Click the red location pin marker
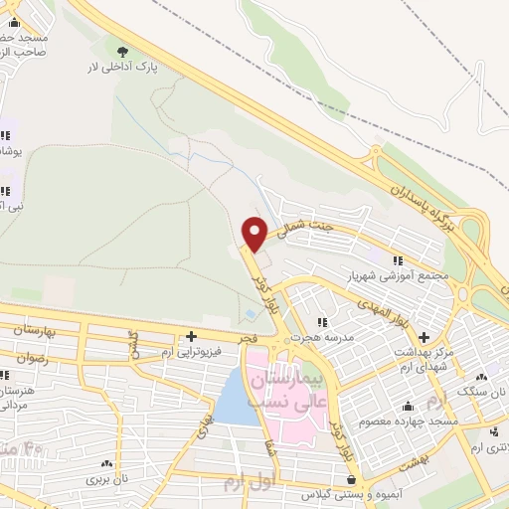pyautogui.click(x=255, y=232)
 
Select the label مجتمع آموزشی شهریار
pyautogui.click(x=398, y=273)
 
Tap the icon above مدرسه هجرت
pyautogui.click(x=322, y=322)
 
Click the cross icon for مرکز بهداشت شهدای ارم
pyautogui.click(x=424, y=337)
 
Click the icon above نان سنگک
pyautogui.click(x=481, y=377)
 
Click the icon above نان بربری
pyautogui.click(x=104, y=464)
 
